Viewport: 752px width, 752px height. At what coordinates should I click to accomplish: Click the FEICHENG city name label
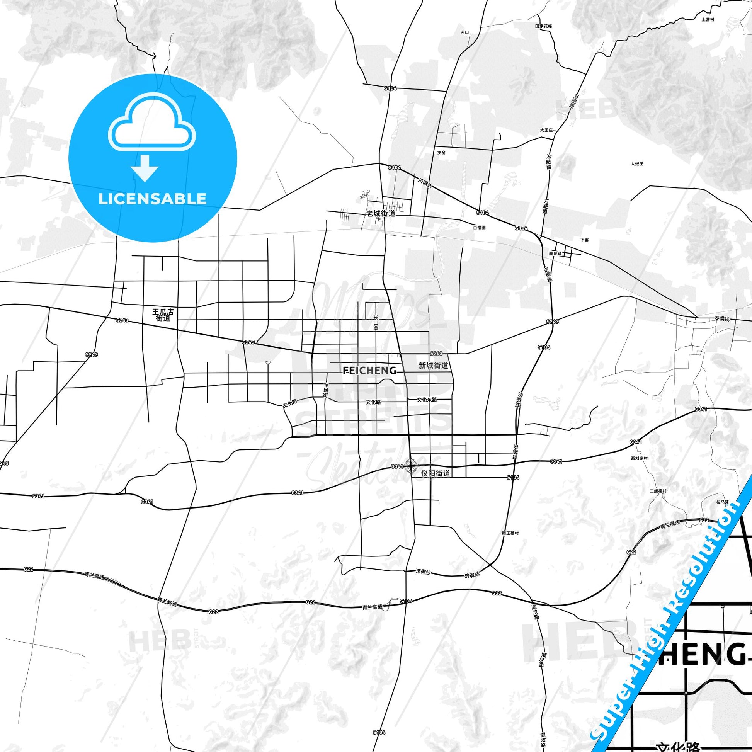370,371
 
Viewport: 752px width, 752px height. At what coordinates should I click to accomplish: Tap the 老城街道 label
381,213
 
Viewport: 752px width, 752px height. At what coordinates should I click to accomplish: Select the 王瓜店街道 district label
163,315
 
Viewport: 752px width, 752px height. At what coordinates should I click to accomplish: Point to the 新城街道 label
433,366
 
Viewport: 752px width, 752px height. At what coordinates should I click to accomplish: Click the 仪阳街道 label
436,473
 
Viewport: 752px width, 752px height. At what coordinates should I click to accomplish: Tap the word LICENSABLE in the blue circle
152,199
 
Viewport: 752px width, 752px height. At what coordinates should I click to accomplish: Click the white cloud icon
152,123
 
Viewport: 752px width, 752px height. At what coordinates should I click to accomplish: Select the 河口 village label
465,33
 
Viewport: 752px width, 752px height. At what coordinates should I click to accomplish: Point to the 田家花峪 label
543,26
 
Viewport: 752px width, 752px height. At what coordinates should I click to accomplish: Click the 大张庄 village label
637,164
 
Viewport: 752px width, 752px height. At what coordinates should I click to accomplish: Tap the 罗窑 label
441,153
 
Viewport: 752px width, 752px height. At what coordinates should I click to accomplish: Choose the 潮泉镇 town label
555,254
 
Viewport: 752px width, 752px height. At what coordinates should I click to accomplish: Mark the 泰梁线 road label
721,319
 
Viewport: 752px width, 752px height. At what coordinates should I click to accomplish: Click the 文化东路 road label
427,399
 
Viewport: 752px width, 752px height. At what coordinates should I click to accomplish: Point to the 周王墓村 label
510,533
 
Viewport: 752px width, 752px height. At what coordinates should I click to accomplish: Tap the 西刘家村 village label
639,459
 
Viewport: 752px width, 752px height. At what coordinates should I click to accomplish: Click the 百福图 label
479,227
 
